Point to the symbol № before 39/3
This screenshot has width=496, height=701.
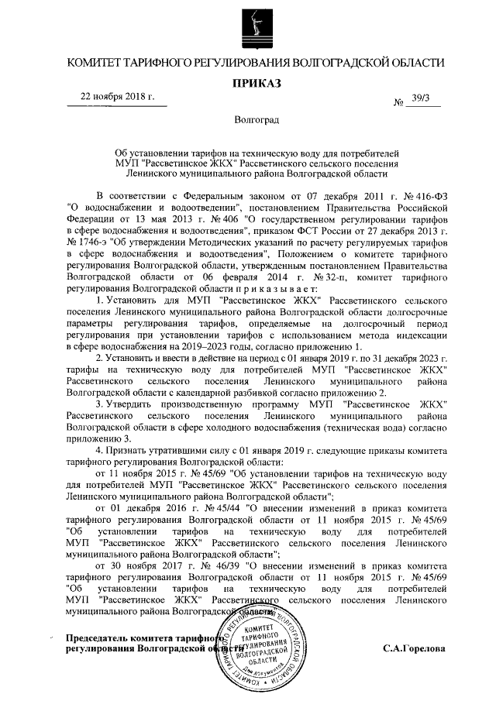400,102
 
